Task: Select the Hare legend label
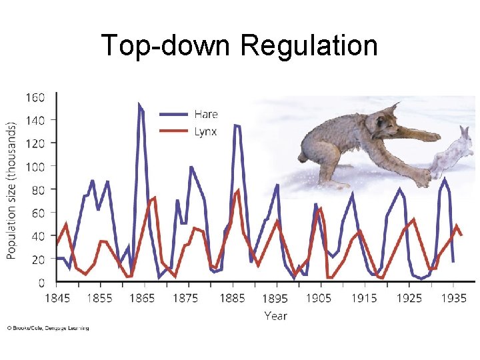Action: pos(206,115)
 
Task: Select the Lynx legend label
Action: pos(205,131)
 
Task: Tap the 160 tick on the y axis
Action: pos(35,97)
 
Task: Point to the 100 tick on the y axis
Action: pos(35,166)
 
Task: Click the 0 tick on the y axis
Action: pos(41,282)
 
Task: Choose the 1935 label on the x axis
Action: pos(453,298)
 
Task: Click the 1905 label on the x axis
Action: pos(319,298)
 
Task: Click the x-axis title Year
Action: pos(275,315)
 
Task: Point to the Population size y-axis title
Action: pos(12,190)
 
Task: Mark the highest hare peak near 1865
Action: pos(139,104)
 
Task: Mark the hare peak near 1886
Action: pos(235,125)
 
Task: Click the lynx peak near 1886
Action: pos(238,191)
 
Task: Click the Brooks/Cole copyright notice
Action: pos(47,328)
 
